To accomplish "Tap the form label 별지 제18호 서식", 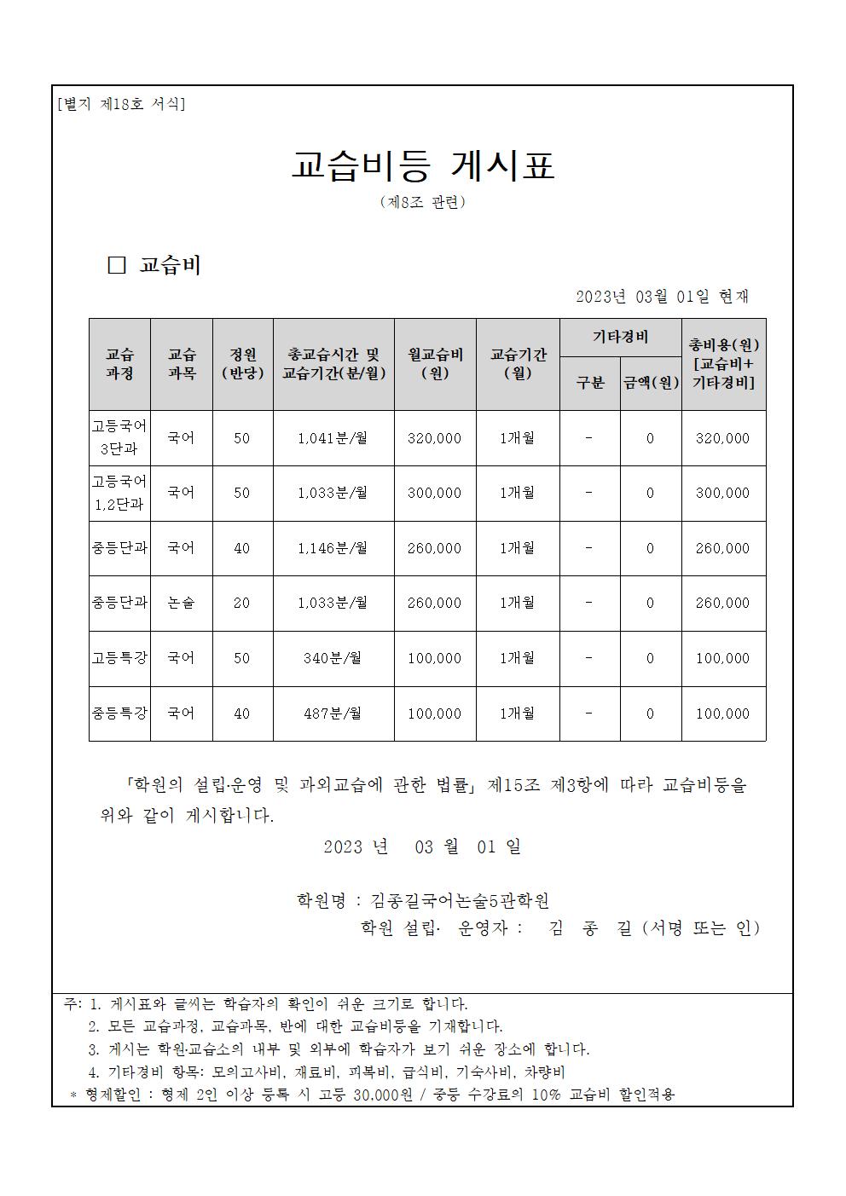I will pyautogui.click(x=121, y=105).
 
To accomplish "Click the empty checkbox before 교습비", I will pyautogui.click(x=116, y=265).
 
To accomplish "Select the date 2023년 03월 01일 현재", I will pyautogui.click(x=662, y=297).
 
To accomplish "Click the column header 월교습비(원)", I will pyautogui.click(x=435, y=364).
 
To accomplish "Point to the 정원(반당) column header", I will pyautogui.click(x=242, y=364).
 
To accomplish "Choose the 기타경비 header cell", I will pyautogui.click(x=620, y=338).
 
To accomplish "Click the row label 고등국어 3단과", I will pyautogui.click(x=119, y=437).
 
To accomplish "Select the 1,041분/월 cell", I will pyautogui.click(x=333, y=438).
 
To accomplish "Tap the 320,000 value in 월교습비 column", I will pyautogui.click(x=435, y=438).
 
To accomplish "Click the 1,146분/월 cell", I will pyautogui.click(x=333, y=548).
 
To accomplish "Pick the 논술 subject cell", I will pyautogui.click(x=181, y=603).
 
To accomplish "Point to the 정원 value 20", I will pyautogui.click(x=242, y=603).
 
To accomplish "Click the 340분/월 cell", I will pyautogui.click(x=333, y=658).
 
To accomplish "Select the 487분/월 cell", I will pyautogui.click(x=333, y=714).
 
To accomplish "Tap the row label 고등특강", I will pyautogui.click(x=119, y=658).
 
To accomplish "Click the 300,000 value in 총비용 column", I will pyautogui.click(x=722, y=493).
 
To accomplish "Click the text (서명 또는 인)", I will pyautogui.click(x=700, y=928).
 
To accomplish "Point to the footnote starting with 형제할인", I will pyautogui.click(x=372, y=1095).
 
